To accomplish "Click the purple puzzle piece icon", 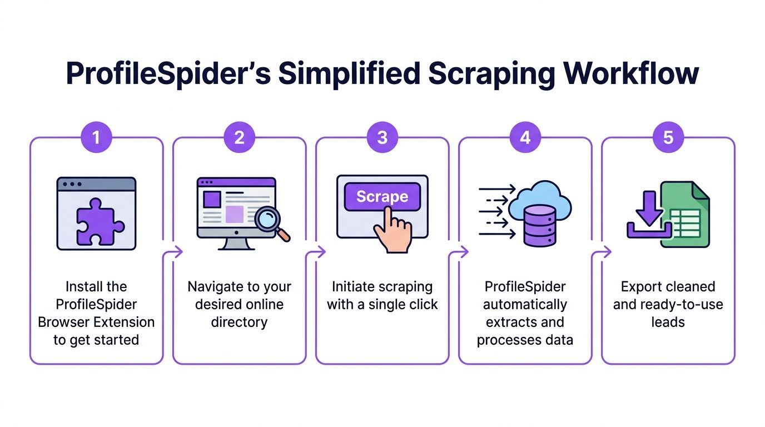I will click(96, 222).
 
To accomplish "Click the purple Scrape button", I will click(382, 197).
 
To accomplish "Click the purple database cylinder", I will click(539, 225).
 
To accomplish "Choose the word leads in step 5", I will click(668, 322).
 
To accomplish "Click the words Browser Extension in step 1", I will click(96, 322).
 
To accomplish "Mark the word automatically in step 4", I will click(525, 305).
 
